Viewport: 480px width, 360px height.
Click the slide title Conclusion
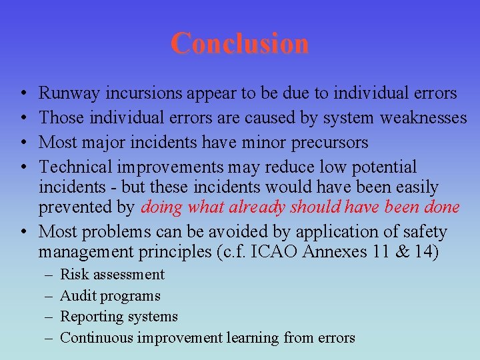pyautogui.click(x=239, y=43)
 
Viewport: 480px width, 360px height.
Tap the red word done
pyautogui.click(x=440, y=207)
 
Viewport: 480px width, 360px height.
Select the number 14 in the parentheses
pyautogui.click(x=428, y=252)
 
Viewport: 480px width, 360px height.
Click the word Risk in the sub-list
pyautogui.click(x=73, y=275)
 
